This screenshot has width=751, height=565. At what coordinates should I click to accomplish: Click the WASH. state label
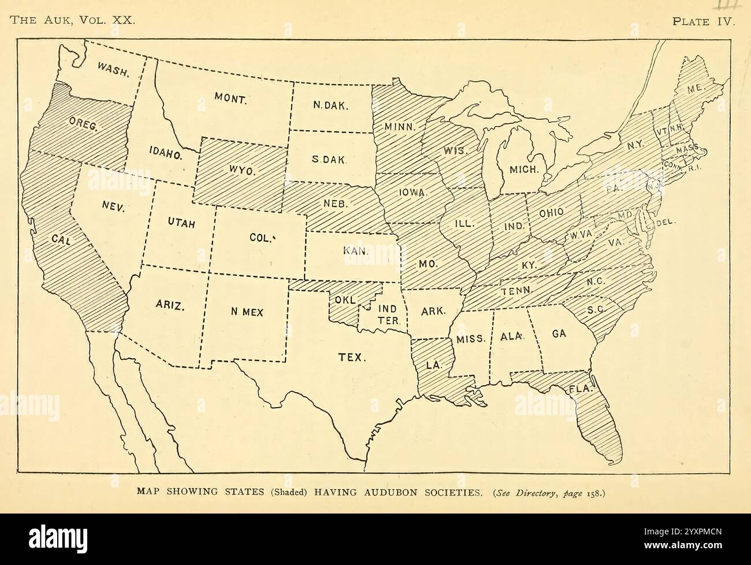(113, 71)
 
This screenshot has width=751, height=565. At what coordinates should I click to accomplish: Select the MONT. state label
(230, 98)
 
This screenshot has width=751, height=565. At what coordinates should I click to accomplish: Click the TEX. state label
(352, 357)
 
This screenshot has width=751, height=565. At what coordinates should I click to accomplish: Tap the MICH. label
(524, 170)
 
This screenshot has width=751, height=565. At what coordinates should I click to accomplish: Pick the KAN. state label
(355, 250)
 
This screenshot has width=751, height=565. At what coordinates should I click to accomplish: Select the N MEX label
(247, 312)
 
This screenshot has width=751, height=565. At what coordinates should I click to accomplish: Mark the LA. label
(432, 365)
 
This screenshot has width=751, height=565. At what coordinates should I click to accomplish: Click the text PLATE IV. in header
(702, 21)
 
